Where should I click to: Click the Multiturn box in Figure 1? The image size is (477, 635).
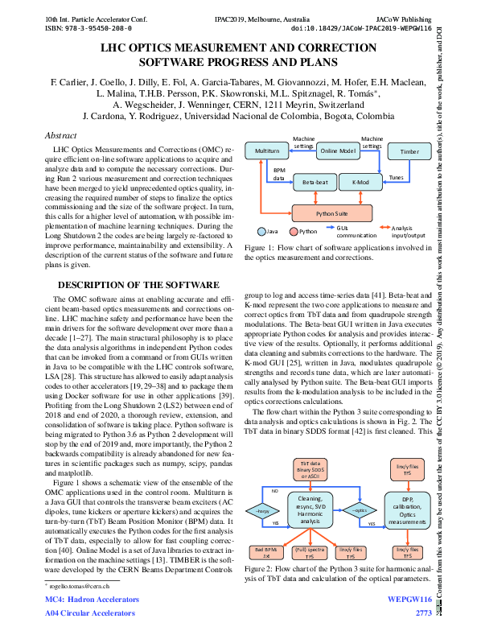266,151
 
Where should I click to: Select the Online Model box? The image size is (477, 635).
338,151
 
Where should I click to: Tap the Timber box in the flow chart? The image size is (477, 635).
409,151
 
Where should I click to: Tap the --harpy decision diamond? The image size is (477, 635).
261,510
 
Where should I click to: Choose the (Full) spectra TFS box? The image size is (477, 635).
309,552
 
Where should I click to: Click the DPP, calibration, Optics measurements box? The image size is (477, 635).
407,509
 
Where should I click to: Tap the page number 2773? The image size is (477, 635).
423,613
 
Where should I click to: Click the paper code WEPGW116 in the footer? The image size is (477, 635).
409,600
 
